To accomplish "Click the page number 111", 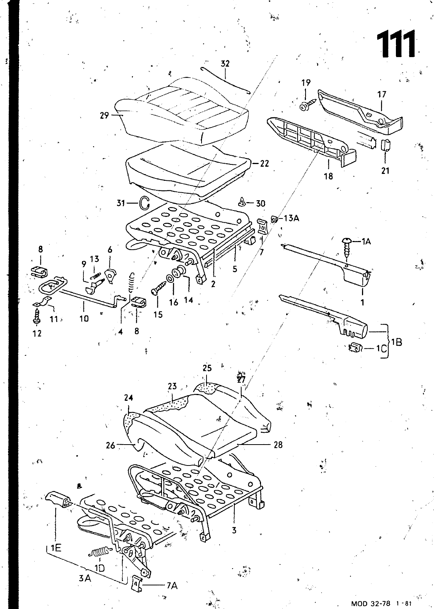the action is point(396,44).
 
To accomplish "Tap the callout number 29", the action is point(104,116).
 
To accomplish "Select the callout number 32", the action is point(225,64).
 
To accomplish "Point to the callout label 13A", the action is point(291,218).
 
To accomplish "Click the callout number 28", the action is point(278,445).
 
